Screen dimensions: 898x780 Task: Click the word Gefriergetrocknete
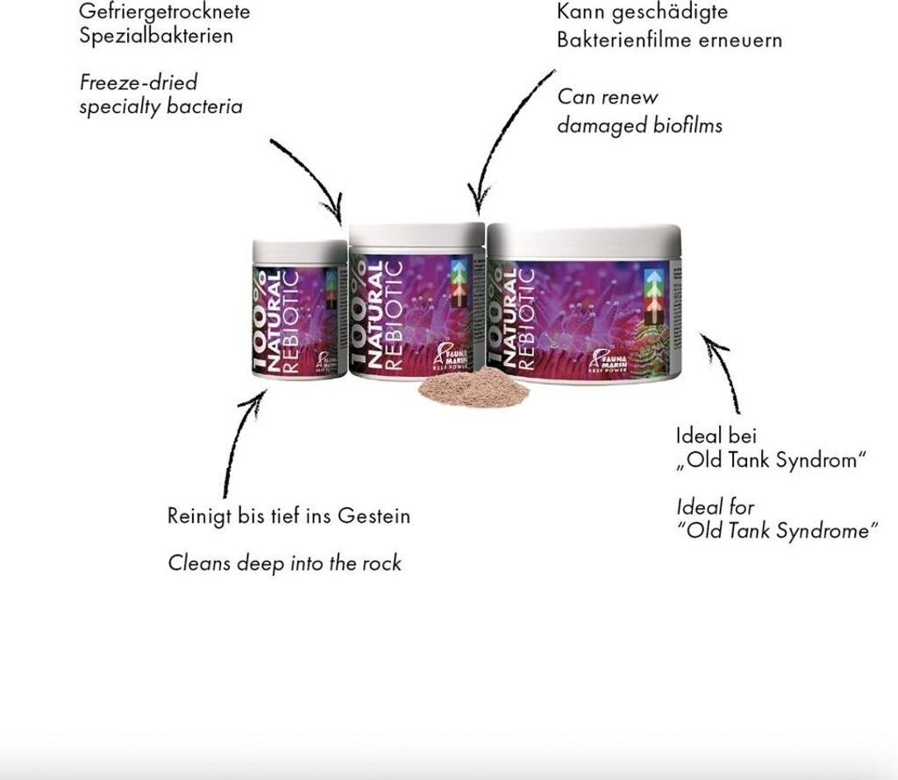164,13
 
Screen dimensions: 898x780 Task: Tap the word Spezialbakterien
156,38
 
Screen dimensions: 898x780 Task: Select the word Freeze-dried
139,83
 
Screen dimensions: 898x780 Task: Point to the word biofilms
688,125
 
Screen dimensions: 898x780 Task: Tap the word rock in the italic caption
381,564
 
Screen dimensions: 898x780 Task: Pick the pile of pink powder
474,386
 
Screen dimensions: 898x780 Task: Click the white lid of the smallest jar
300,252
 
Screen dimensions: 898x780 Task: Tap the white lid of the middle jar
417,234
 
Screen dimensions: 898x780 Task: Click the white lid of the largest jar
584,237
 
